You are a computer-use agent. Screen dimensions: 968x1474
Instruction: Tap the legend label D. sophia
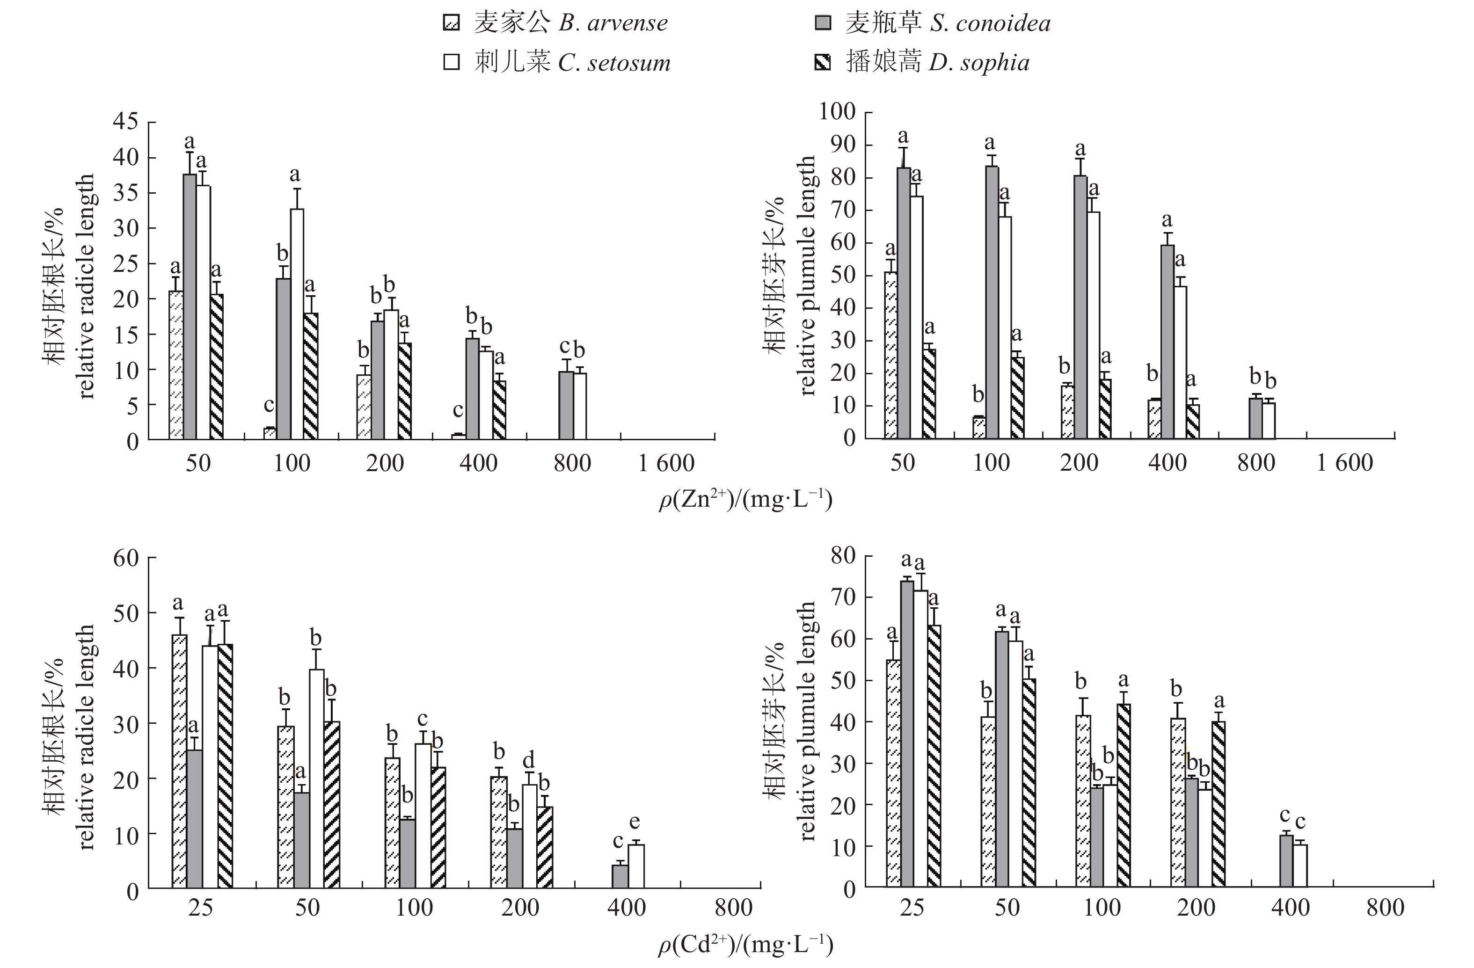tap(978, 63)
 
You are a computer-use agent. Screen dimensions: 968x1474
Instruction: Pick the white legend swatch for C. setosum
tap(452, 63)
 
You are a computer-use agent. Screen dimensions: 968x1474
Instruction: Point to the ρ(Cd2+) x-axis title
tap(745, 945)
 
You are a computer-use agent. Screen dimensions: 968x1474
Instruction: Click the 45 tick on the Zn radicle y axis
tap(126, 121)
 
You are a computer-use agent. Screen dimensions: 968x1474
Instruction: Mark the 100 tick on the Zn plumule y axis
tap(837, 112)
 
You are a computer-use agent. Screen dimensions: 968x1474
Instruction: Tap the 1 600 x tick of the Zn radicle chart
tap(666, 463)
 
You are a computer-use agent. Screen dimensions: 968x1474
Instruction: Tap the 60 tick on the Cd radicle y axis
tap(126, 559)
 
